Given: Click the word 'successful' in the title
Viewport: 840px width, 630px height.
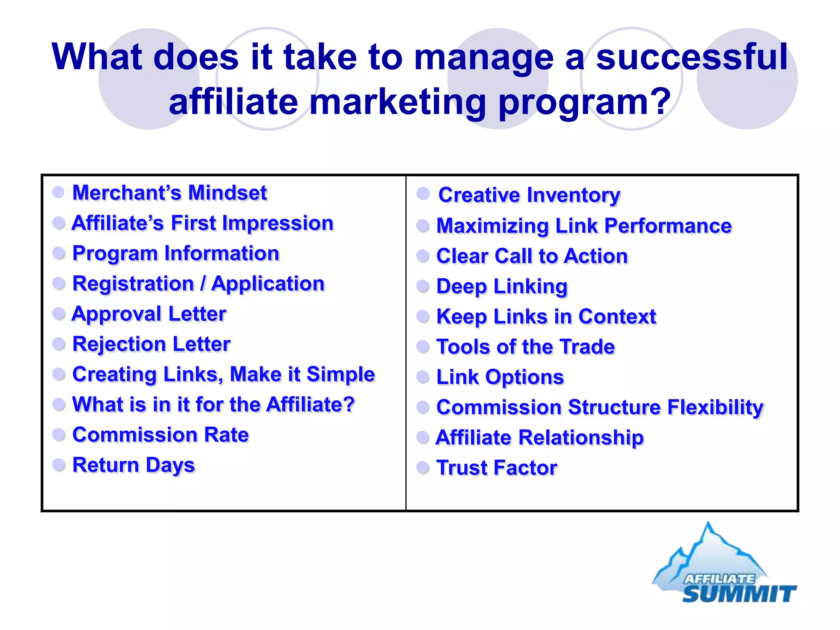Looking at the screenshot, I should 692,57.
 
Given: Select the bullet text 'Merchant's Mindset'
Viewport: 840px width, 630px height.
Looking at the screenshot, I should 169,193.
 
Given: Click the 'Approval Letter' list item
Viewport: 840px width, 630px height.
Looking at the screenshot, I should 149,314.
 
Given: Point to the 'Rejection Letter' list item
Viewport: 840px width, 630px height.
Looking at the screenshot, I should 151,344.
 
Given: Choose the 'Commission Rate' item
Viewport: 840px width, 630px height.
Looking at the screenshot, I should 160,435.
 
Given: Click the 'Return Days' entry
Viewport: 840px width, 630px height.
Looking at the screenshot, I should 133,465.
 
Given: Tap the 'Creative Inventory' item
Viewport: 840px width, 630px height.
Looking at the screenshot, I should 529,195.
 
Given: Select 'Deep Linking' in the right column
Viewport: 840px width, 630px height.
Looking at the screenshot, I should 502,286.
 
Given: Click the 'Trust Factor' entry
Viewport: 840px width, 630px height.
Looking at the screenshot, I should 497,468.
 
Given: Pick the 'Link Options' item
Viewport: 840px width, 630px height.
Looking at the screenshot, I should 500,377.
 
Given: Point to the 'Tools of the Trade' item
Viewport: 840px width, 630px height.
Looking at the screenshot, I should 525,347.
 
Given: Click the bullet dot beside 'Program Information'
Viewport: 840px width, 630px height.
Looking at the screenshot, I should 59,253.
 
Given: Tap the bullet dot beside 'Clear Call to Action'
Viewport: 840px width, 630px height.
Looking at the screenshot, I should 423,256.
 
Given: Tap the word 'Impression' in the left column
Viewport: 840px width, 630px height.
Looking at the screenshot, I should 278,224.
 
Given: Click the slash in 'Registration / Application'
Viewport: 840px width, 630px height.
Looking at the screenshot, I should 203,284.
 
